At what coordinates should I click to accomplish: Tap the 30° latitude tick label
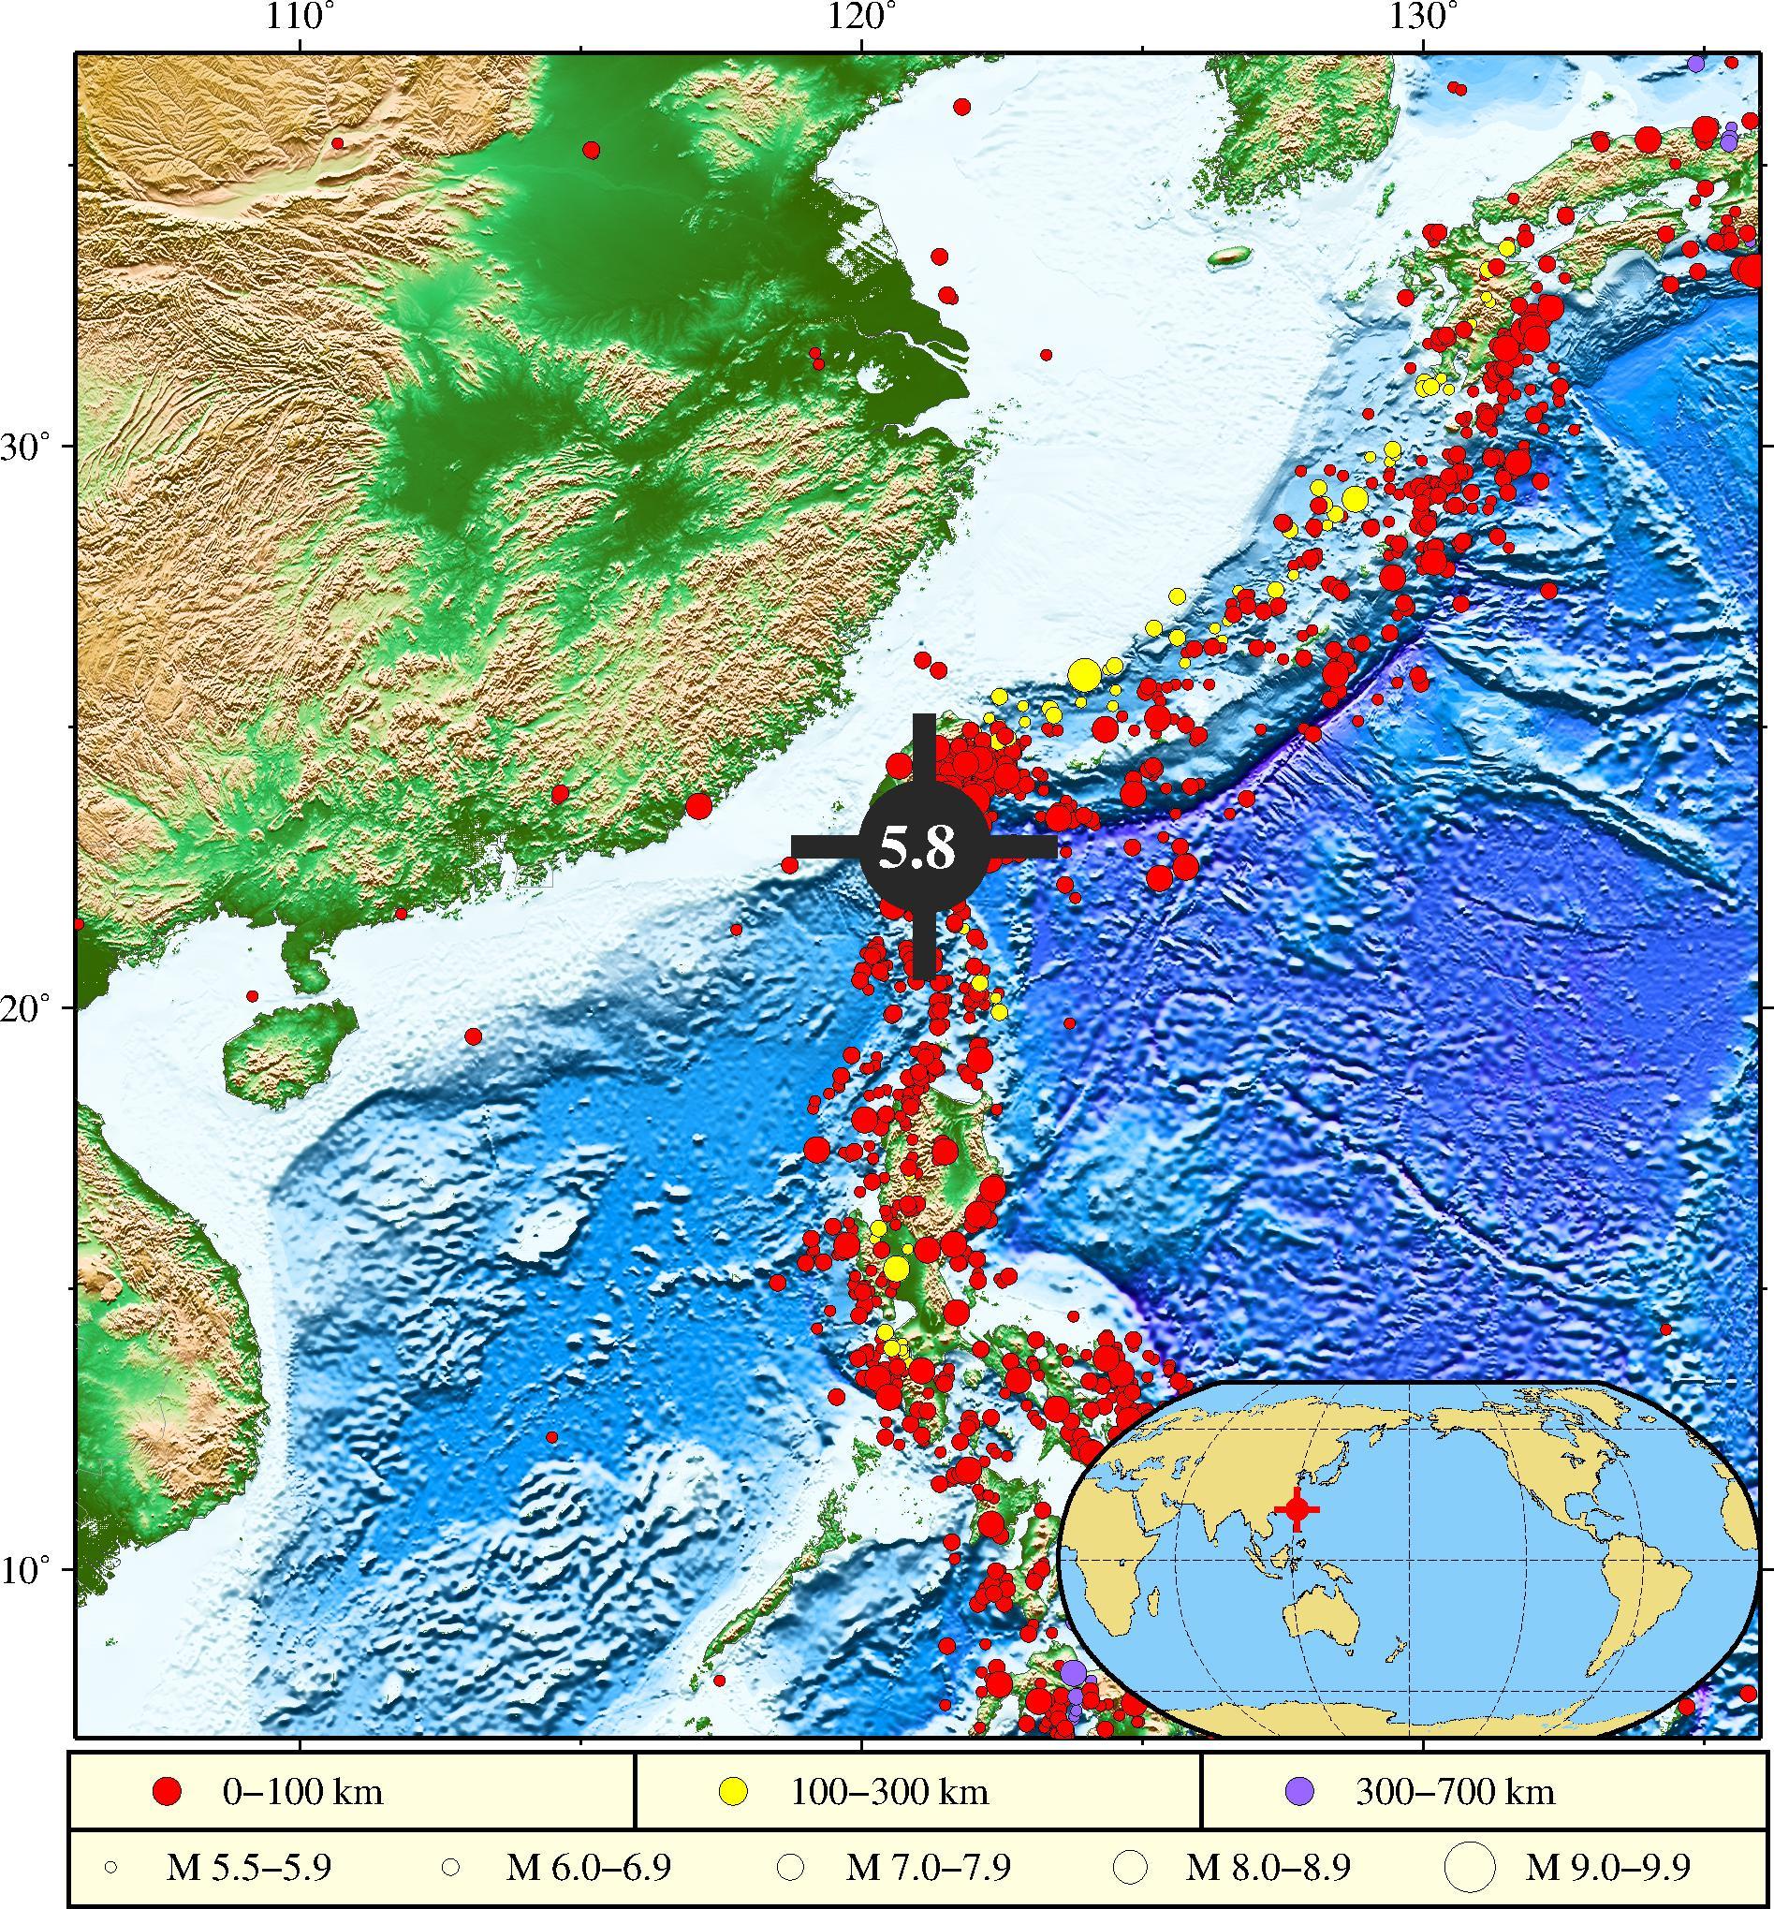[27, 447]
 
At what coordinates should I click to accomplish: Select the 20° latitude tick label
[27, 1007]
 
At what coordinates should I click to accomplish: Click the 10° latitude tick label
[27, 1569]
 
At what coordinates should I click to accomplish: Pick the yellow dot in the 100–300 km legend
[735, 1764]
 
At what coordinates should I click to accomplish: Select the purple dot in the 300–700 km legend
[1300, 1764]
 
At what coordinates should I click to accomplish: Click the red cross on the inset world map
[1297, 1509]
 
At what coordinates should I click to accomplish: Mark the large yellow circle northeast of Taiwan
[1083, 675]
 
